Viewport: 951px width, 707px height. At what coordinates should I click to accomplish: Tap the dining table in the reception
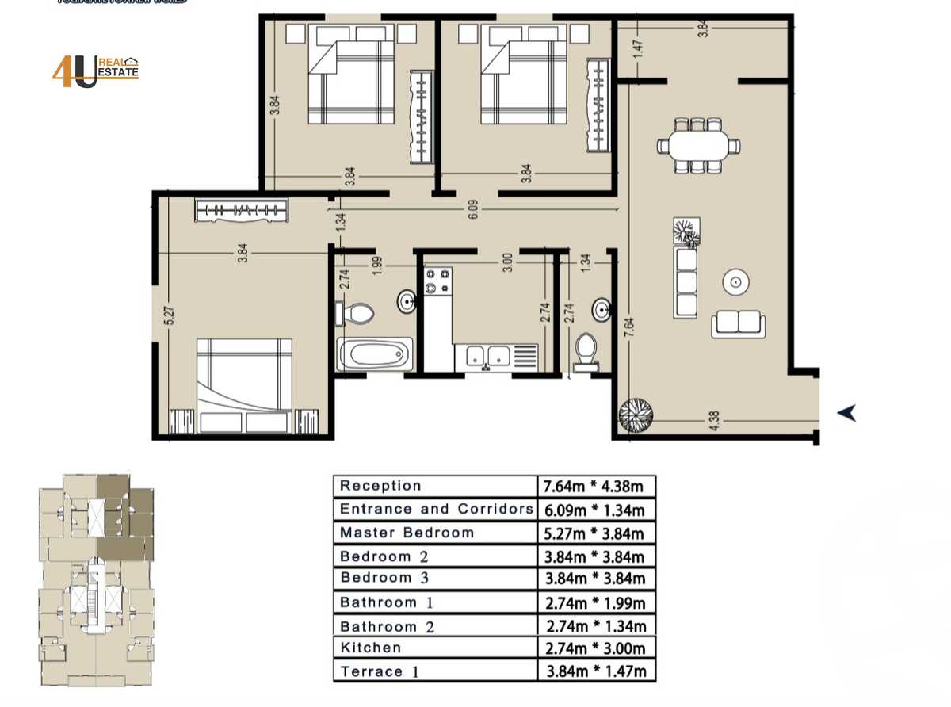(698, 146)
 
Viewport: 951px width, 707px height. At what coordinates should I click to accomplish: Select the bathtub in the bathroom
(375, 354)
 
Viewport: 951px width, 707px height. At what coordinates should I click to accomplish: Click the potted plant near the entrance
(636, 414)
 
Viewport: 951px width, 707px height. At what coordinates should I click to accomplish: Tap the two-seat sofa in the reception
(738, 323)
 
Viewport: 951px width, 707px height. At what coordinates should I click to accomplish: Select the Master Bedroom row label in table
(407, 533)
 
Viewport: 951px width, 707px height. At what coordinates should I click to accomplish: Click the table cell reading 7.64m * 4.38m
(597, 486)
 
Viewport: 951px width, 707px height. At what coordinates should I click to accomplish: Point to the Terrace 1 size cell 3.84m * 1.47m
(597, 671)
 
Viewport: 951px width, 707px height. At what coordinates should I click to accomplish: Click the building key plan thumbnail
(96, 580)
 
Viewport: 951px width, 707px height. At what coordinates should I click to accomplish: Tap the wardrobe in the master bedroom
(241, 210)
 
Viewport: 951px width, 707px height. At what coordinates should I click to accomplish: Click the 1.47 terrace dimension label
(636, 49)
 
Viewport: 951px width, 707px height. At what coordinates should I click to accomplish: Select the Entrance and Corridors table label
(435, 509)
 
